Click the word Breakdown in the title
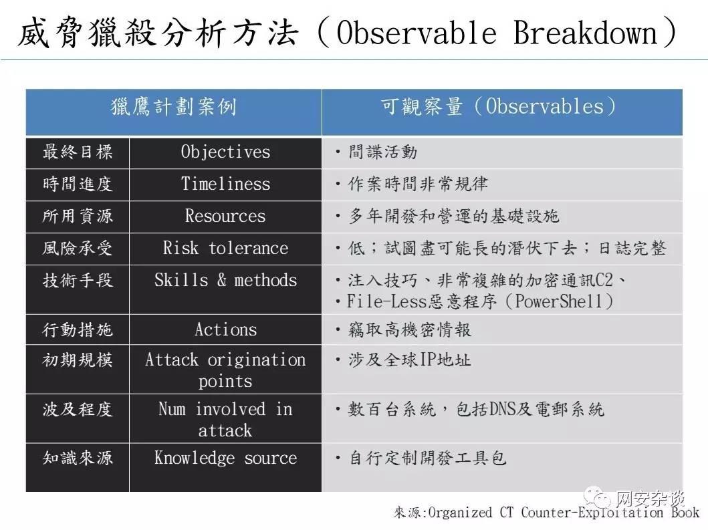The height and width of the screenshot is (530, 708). point(586,33)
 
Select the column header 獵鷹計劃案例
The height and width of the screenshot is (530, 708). point(174,107)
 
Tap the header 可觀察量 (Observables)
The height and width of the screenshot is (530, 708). point(499,106)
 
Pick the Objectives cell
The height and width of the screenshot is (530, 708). point(225,152)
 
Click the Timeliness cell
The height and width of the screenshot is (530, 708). point(225,184)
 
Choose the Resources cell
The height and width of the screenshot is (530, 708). point(225,216)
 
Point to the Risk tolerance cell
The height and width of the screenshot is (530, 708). point(225,248)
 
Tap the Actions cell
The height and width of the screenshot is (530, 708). point(225,329)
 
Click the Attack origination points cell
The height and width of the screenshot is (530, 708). point(225,370)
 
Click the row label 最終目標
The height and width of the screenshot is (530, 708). point(77,152)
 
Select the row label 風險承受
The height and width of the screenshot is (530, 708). point(77,248)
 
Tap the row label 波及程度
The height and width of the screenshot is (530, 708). point(77,409)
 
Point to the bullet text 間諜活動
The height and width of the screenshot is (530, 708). point(382,152)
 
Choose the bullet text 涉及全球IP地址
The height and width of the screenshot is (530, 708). point(410,360)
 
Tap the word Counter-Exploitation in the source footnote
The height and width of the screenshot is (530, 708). point(592,513)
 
